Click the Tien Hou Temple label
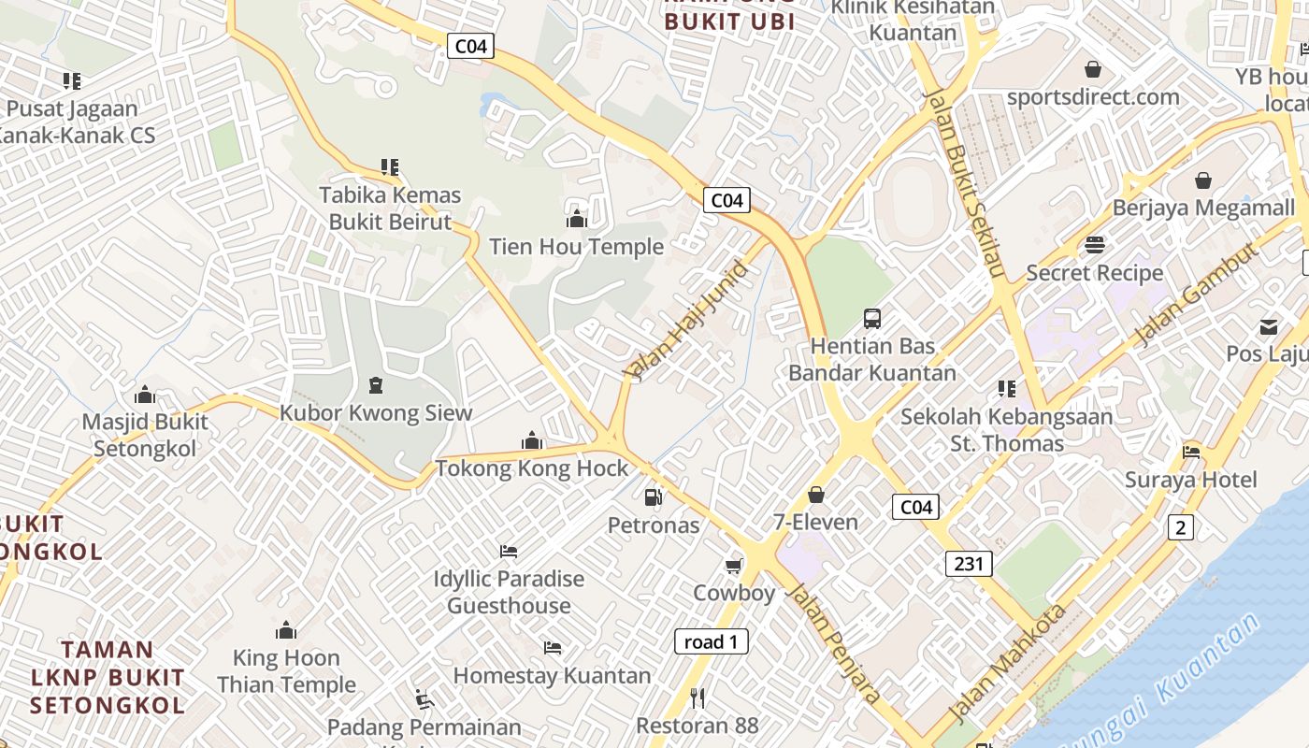pos(577,247)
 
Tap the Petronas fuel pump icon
pos(654,497)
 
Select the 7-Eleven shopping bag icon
pos(816,495)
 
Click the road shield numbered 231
pos(969,563)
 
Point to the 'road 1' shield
pos(712,641)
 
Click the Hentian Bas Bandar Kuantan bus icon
pos(872,318)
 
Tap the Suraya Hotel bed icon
pos(1191,453)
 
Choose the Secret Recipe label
pos(1095,273)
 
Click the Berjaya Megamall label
pos(1203,208)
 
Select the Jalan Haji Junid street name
pos(689,322)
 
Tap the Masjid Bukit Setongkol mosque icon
pos(145,395)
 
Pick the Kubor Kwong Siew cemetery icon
pos(376,384)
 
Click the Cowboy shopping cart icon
pos(734,566)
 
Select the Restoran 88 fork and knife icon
pos(697,698)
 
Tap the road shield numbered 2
pos(1180,527)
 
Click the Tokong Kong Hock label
pos(532,468)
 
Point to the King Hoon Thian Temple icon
pos(286,630)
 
